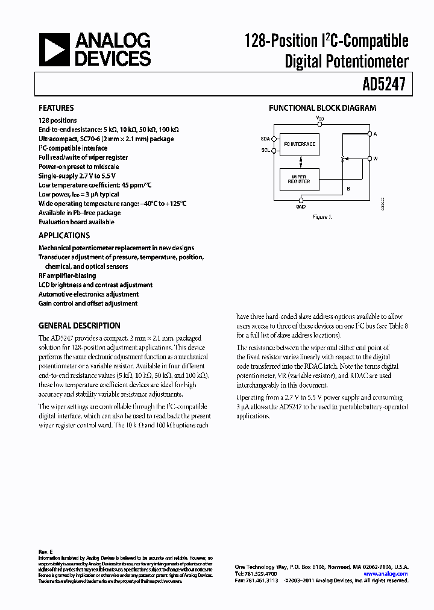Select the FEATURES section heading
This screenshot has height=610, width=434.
56,108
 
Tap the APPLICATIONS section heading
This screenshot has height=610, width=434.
64,236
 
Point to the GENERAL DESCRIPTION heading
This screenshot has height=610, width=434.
80,325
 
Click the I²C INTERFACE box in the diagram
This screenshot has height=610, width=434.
300,145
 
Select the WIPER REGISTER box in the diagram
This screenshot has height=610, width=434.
299,179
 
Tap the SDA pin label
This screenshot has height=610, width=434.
265,137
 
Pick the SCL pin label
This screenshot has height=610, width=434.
265,150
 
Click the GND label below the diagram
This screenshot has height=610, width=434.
300,207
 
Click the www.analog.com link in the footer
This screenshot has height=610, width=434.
386,574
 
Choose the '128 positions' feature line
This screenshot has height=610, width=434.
57,121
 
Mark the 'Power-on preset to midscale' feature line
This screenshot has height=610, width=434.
78,166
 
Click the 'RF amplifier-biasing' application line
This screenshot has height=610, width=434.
67,275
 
